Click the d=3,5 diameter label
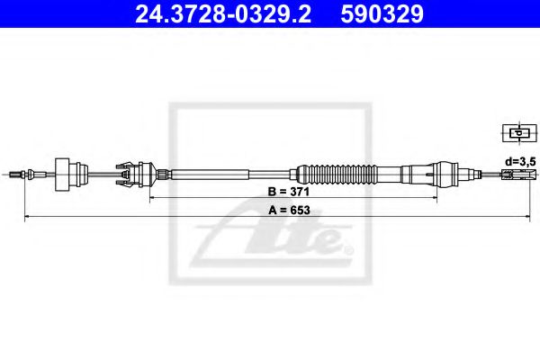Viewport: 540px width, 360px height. (520, 160)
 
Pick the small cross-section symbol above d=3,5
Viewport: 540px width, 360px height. (517, 133)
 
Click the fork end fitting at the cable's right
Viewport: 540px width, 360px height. (511, 172)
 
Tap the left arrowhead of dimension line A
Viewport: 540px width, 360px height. (28, 218)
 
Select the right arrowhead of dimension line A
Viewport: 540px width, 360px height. (529, 218)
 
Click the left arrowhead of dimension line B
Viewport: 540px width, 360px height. (153, 195)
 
